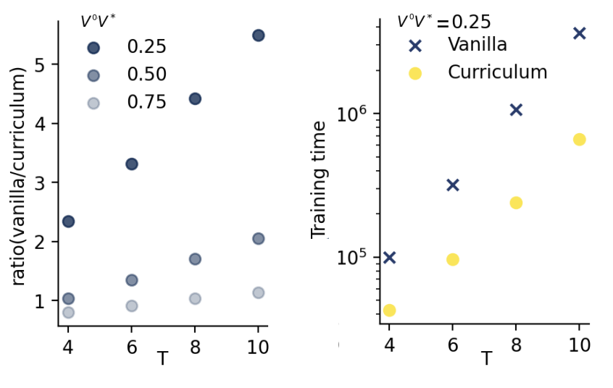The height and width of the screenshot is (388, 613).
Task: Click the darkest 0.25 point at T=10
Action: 258,35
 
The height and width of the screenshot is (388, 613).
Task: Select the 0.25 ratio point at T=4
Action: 68,222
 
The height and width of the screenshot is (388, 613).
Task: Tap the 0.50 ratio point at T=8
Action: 195,259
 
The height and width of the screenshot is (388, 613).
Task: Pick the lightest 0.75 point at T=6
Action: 132,306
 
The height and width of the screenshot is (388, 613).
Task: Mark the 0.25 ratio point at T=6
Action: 132,164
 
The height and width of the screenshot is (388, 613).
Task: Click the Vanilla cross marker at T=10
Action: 579,33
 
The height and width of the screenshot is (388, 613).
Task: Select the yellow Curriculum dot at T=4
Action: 389,311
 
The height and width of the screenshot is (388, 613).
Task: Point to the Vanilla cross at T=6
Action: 453,185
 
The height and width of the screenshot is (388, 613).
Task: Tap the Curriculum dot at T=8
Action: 516,203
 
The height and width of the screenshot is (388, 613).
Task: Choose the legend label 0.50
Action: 146,75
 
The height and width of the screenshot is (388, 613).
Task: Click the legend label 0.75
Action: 146,102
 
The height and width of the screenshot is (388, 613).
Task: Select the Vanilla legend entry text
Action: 478,44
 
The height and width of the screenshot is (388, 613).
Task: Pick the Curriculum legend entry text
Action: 497,72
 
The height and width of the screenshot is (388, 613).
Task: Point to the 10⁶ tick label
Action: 354,114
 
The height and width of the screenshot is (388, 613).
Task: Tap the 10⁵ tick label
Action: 354,258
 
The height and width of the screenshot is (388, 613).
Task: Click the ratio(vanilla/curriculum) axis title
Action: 20,176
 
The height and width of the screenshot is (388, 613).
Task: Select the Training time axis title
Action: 320,180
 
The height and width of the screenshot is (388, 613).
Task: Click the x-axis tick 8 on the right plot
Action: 516,346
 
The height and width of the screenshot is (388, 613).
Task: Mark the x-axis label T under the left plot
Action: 162,358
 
